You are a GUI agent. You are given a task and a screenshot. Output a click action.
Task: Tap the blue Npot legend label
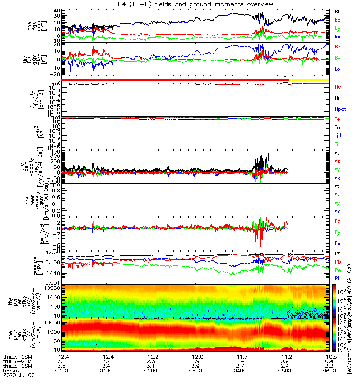(x=339, y=109)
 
